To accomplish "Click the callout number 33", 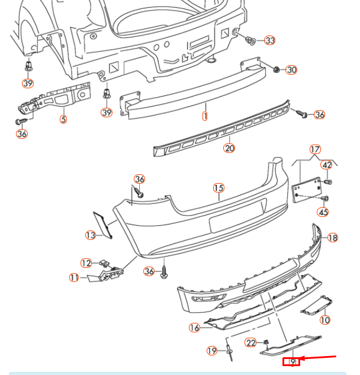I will pos(270,41).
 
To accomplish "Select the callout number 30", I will pos(291,70).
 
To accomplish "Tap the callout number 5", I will pos(63,119).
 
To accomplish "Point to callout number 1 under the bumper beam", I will pos(205,116).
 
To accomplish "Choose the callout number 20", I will pos(229,148).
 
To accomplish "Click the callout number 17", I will pos(315,149).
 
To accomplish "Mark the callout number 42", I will pos(326,165).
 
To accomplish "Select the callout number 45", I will pos(323,212).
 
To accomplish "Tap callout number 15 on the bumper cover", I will pos(218,188).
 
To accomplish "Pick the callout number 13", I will pos(91,235).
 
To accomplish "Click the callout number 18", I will pos(333,238).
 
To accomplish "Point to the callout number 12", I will pos(86,263).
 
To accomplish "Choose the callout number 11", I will pos(74,277).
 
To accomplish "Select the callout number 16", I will pos(195,328).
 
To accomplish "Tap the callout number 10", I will pos(325,320).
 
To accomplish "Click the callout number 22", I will pos(251,342).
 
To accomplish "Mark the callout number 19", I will pos(213,351).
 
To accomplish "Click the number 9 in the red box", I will pos(291,361).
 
